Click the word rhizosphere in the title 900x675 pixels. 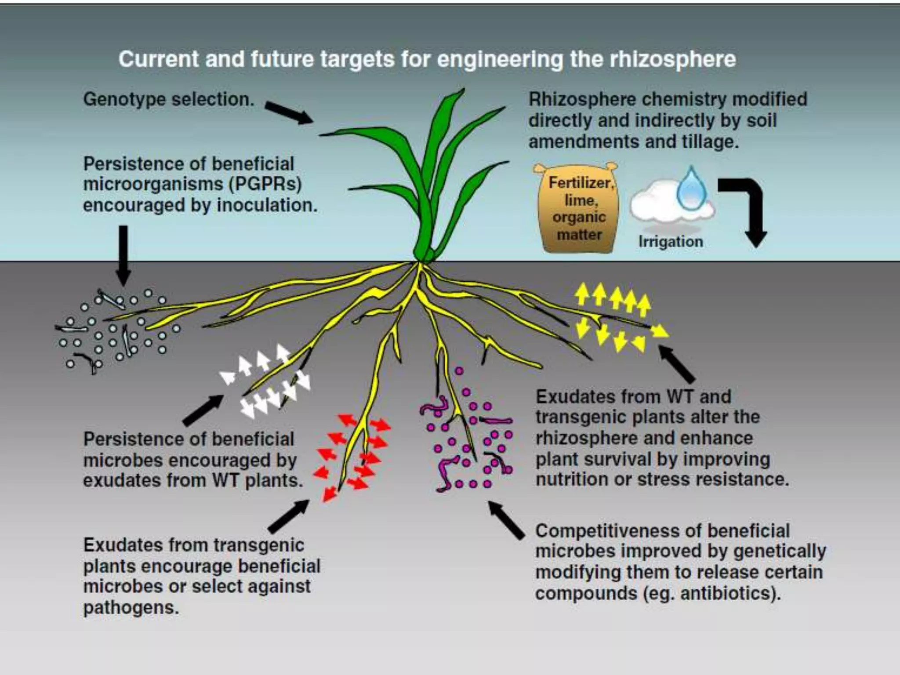pyautogui.click(x=673, y=59)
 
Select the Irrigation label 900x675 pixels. pyautogui.click(x=671, y=241)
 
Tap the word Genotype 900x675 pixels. pyautogui.click(x=124, y=99)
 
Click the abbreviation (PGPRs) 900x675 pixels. pyautogui.click(x=265, y=184)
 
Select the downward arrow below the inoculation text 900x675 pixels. pyautogui.click(x=124, y=255)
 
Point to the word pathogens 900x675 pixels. pyautogui.click(x=131, y=608)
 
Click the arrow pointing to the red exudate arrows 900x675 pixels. pyautogui.click(x=288, y=516)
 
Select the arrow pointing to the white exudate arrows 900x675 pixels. pyautogui.click(x=203, y=410)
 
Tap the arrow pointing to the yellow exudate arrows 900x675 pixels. pyautogui.click(x=677, y=364)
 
